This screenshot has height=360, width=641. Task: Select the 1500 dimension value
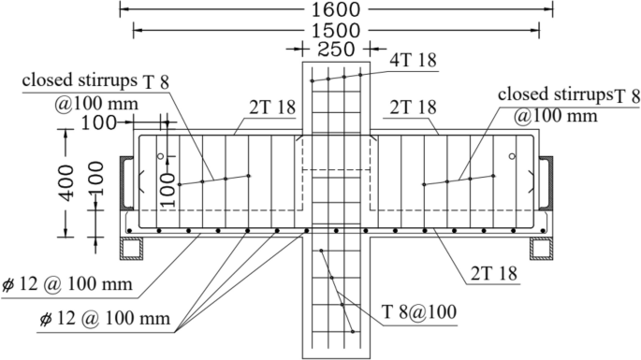[336, 30]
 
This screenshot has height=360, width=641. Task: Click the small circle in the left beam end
[161, 156]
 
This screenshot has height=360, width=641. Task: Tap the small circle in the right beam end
[512, 156]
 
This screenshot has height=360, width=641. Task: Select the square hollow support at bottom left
[134, 249]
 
